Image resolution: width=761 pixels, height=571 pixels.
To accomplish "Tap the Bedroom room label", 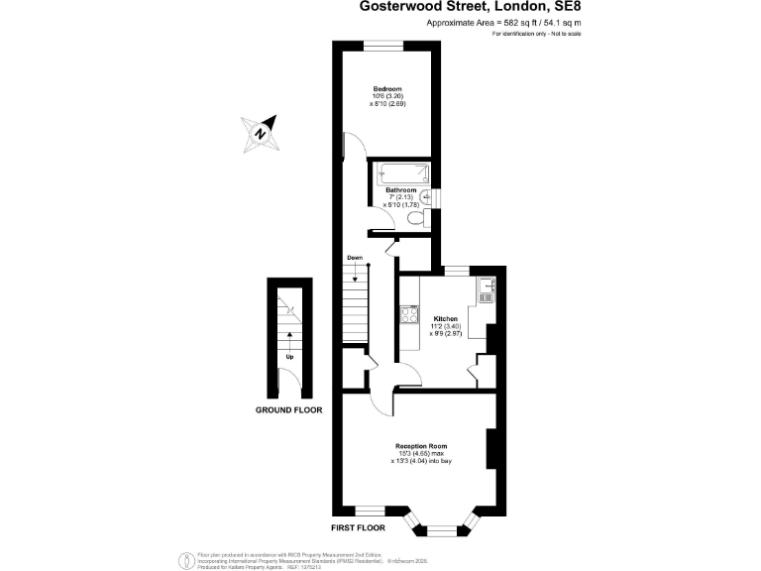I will pyautogui.click(x=386, y=88).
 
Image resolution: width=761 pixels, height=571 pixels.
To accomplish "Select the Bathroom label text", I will pyautogui.click(x=400, y=189).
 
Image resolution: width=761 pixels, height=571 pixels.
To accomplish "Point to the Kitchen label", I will pyautogui.click(x=445, y=319).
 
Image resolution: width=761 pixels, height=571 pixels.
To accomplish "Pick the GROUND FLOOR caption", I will pyautogui.click(x=288, y=409).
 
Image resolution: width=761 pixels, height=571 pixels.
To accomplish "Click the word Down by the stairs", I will pyautogui.click(x=354, y=258).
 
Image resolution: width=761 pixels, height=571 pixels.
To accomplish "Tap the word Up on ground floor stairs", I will pyautogui.click(x=289, y=357).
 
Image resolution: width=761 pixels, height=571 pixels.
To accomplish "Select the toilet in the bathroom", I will pyautogui.click(x=427, y=217).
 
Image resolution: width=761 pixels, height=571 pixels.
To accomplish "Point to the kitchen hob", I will pyautogui.click(x=407, y=316).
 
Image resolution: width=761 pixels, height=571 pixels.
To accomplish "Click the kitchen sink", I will pyautogui.click(x=486, y=291).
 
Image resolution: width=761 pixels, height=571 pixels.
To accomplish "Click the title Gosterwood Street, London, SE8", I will pyautogui.click(x=470, y=7).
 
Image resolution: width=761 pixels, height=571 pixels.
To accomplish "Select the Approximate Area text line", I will pyautogui.click(x=503, y=22).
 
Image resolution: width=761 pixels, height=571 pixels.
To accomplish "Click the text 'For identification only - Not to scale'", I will pyautogui.click(x=536, y=34).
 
